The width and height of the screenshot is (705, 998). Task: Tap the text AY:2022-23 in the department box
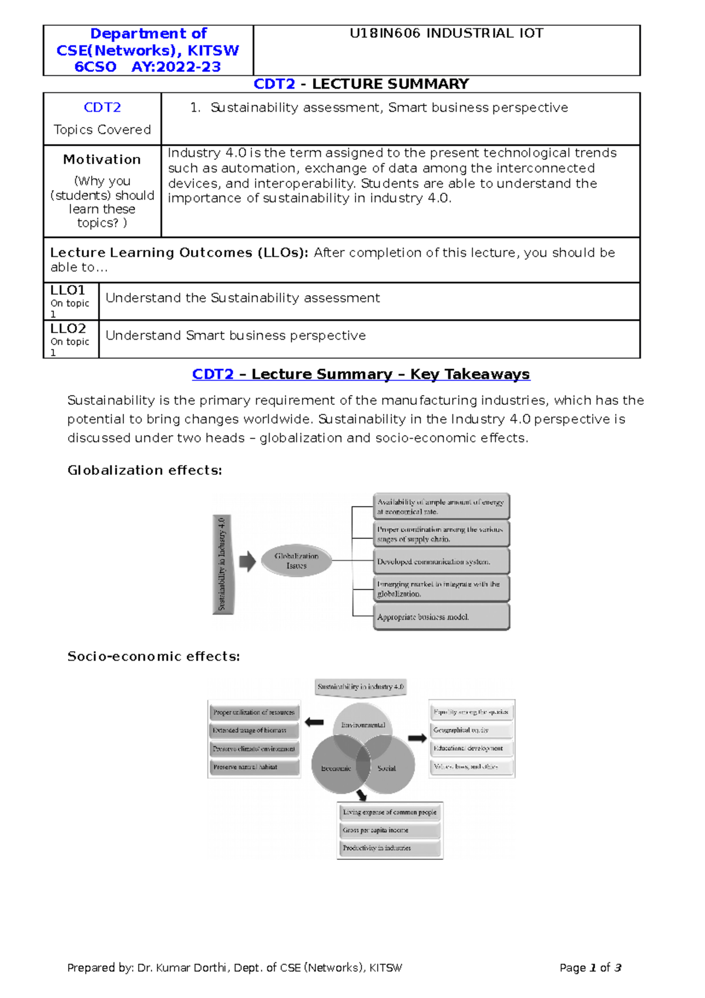pyautogui.click(x=176, y=67)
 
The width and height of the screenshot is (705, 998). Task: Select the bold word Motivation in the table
pyautogui.click(x=102, y=159)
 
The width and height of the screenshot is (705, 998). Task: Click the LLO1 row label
pyautogui.click(x=68, y=290)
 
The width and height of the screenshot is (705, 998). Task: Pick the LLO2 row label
pyautogui.click(x=68, y=329)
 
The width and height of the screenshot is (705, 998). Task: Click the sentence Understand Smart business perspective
pyautogui.click(x=236, y=336)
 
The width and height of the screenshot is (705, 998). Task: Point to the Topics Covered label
pyautogui.click(x=102, y=130)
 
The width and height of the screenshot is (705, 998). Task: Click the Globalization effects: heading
pyautogui.click(x=145, y=470)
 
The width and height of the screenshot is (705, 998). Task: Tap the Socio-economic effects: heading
pyautogui.click(x=153, y=657)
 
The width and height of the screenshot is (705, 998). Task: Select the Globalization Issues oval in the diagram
pyautogui.click(x=297, y=561)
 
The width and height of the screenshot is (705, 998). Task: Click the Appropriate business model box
pyautogui.click(x=441, y=617)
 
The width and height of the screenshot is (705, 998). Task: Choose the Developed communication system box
pyautogui.click(x=441, y=562)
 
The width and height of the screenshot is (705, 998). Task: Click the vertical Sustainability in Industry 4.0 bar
pyautogui.click(x=223, y=564)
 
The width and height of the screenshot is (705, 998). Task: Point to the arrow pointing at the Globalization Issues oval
pyautogui.click(x=247, y=561)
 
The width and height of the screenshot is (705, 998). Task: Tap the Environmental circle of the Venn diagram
pyautogui.click(x=363, y=725)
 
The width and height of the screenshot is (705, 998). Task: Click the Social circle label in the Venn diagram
pyautogui.click(x=387, y=768)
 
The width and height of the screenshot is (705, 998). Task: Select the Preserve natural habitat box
pyautogui.click(x=254, y=767)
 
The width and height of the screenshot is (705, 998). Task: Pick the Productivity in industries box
pyautogui.click(x=390, y=848)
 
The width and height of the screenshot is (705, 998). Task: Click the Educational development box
pyautogui.click(x=471, y=748)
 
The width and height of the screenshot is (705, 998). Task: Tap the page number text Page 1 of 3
pyautogui.click(x=590, y=968)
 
